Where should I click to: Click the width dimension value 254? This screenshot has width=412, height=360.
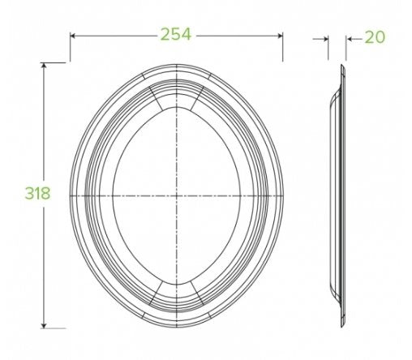tap(176, 34)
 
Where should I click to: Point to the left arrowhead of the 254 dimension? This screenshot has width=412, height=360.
tap(73, 35)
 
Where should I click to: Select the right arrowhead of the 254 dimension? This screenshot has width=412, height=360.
tap(280, 35)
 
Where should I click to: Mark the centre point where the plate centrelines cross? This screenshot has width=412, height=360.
tap(176, 196)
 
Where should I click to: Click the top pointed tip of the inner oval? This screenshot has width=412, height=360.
tap(176, 105)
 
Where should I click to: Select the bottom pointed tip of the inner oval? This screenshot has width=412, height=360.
tap(176, 288)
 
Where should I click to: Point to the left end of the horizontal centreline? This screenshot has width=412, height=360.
tap(71, 196)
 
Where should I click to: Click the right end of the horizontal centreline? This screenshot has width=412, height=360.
tap(282, 196)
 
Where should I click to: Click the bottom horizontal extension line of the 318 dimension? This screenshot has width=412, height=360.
tap(53, 327)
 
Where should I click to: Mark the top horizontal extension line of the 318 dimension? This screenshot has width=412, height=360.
tap(53, 63)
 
